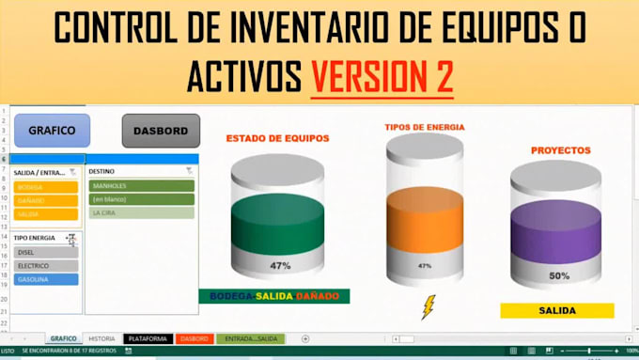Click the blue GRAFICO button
point(45,131)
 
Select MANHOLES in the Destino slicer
point(142,186)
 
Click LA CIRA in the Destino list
point(142,212)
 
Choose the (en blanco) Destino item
point(142,199)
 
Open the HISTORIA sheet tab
point(101,338)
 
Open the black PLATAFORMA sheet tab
point(148,338)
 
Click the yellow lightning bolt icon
point(429,307)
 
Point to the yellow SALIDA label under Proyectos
point(556,310)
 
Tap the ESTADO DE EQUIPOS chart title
point(277,138)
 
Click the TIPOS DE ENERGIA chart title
point(425,127)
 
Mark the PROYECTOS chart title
point(560,149)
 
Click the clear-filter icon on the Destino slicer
point(189,171)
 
